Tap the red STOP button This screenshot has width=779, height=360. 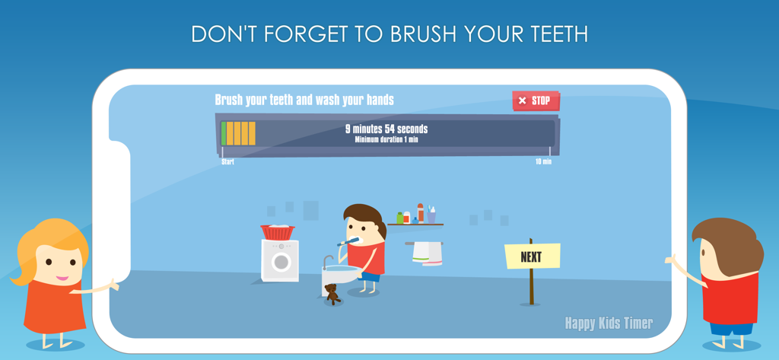tap(536, 100)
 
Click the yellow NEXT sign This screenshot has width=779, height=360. tap(532, 256)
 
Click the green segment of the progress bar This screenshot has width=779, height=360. tap(224, 133)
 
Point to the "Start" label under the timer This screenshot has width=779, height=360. tap(227, 161)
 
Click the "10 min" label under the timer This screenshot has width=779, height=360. tap(543, 161)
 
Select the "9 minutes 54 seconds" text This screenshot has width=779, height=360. tap(386, 129)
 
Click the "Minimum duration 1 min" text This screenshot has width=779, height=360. tap(386, 139)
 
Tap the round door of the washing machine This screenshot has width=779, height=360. tap(281, 262)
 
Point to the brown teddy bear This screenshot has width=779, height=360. tap(332, 293)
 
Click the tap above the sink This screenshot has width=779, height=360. tap(327, 261)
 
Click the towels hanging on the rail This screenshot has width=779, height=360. tap(428, 253)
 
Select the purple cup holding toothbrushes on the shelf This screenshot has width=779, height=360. tap(431, 217)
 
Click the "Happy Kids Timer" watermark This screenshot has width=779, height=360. tap(609, 323)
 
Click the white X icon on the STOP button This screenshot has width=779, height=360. tap(522, 100)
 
